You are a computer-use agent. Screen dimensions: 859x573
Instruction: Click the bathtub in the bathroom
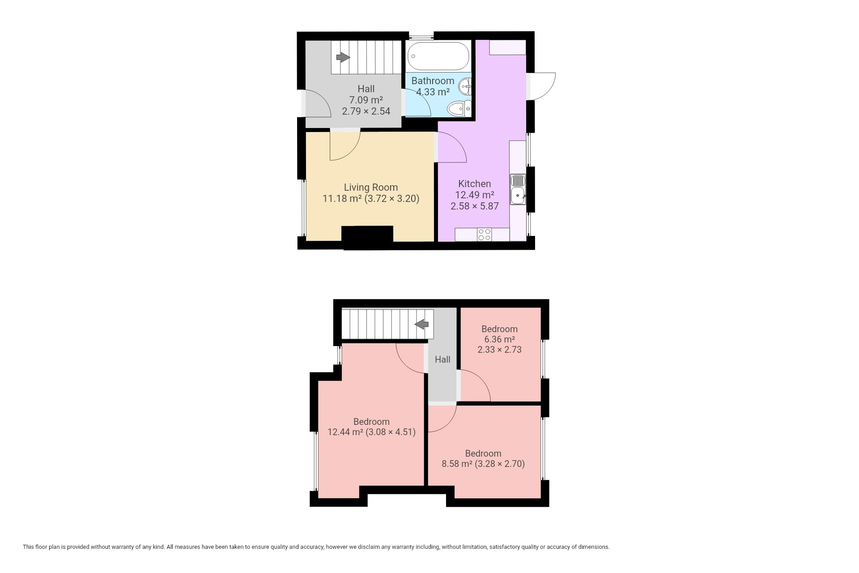(439, 56)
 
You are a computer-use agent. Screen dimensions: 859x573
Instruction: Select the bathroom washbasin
(466, 86)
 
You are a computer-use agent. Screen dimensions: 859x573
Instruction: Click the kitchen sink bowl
(518, 195)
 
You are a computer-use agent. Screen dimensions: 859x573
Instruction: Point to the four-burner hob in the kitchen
(484, 235)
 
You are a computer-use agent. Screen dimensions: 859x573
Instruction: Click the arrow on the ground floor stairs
(343, 57)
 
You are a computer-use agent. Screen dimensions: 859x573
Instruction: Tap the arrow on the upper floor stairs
(422, 324)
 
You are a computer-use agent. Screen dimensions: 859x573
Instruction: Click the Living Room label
(371, 187)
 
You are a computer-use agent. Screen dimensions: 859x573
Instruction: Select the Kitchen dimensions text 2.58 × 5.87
(475, 206)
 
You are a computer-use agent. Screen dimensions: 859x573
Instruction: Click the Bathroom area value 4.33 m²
(433, 92)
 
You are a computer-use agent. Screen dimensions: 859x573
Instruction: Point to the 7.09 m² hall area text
(366, 100)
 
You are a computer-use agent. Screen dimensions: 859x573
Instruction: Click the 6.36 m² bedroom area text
(499, 339)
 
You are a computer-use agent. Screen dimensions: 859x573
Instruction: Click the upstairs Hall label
(442, 359)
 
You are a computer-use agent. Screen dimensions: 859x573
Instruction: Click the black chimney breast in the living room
(367, 237)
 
